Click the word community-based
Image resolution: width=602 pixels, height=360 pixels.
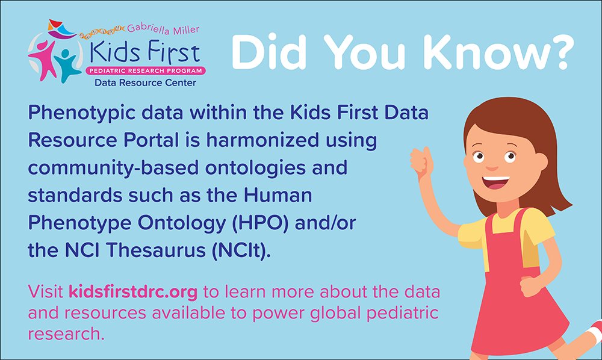pyautogui.click(x=99, y=167)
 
